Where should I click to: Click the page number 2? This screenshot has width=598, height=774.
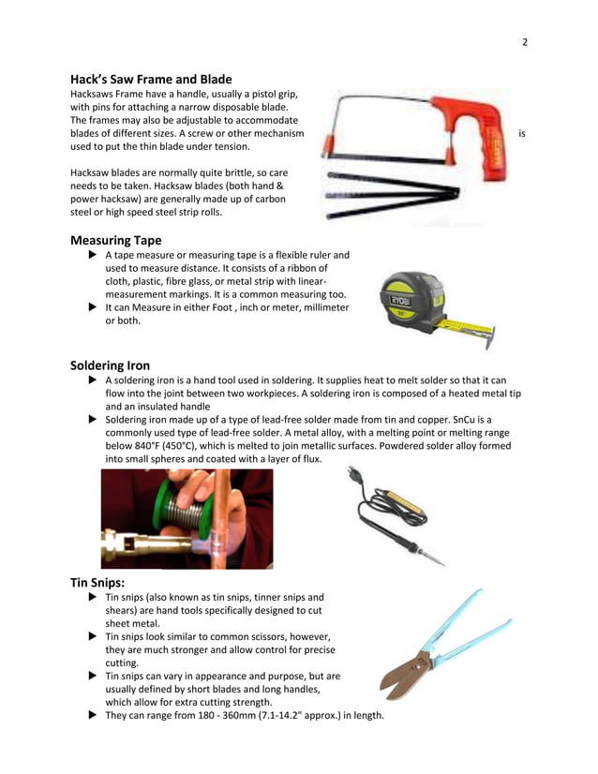(525, 41)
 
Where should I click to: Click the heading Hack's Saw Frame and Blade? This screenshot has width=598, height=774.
(151, 80)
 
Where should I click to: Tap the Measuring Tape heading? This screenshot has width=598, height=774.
(115, 240)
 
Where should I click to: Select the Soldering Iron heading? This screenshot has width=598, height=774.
(110, 365)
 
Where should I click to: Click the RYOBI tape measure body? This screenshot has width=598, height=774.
(413, 302)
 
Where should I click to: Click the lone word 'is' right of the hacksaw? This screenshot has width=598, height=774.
(521, 134)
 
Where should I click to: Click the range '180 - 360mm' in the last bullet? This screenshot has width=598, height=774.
(209, 716)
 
